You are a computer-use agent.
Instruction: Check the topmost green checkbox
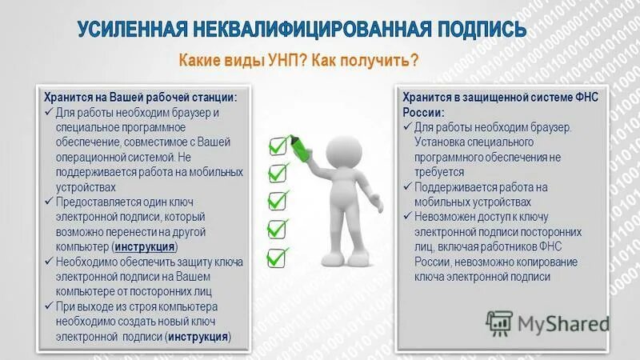278,145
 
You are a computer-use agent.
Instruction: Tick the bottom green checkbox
278,258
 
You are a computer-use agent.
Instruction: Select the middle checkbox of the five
278,200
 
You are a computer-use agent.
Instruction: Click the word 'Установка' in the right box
439,141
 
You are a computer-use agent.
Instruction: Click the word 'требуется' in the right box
439,171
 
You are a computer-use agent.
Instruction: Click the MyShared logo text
563,323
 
